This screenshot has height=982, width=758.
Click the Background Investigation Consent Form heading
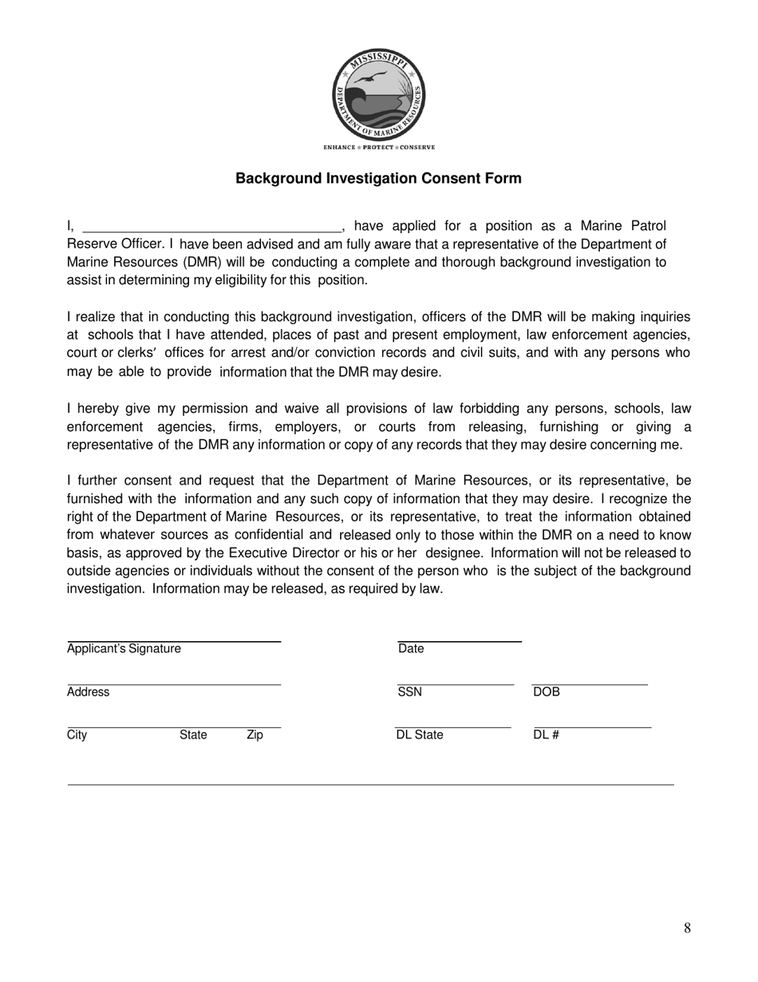pyautogui.click(x=378, y=178)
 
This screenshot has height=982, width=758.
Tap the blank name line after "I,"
pyautogui.click(x=211, y=227)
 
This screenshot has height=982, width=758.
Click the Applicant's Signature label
pyautogui.click(x=124, y=648)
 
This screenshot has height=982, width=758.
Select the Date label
pyautogui.click(x=411, y=648)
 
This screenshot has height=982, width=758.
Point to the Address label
pyautogui.click(x=88, y=692)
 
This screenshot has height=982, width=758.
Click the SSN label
pyautogui.click(x=409, y=692)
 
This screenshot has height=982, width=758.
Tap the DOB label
pyautogui.click(x=547, y=692)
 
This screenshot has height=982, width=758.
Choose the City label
pyautogui.click(x=77, y=735)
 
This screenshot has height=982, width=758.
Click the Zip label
pyautogui.click(x=255, y=735)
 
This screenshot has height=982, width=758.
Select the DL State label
pyautogui.click(x=420, y=735)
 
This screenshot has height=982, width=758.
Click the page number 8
pyautogui.click(x=687, y=928)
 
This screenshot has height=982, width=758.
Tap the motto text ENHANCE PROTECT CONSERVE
pyautogui.click(x=379, y=148)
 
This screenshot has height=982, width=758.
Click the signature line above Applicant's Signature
pyautogui.click(x=174, y=641)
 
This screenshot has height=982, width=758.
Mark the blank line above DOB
pyautogui.click(x=590, y=684)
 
